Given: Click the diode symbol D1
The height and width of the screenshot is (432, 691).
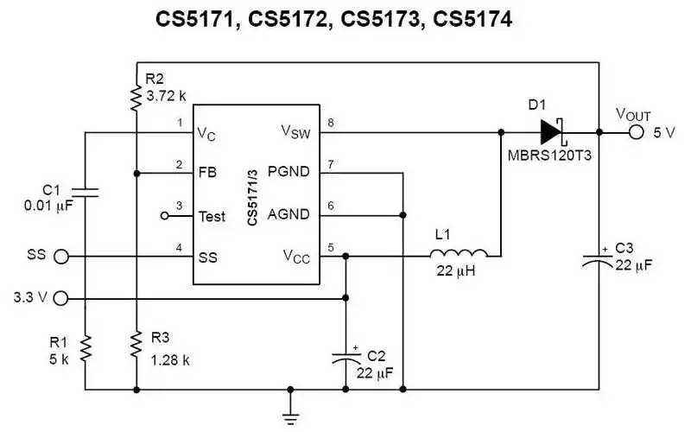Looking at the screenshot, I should tap(551, 132).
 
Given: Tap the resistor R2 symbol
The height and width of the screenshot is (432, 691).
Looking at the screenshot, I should tap(136, 97).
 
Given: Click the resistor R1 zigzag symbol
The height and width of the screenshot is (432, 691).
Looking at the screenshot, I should tap(85, 350).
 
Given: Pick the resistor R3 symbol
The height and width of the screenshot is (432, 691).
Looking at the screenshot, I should tap(136, 346).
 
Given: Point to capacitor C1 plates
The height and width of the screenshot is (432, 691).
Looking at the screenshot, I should tap(85, 192).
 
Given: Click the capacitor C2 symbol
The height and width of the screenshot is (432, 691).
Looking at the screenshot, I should tap(346, 354).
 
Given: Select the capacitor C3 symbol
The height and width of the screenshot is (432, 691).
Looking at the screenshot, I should tap(599, 259).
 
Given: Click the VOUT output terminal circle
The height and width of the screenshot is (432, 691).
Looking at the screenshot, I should tap(636, 132).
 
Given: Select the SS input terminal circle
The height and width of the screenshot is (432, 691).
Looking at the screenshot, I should tap(61, 257).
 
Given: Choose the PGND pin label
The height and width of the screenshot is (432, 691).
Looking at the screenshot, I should tap(288, 171).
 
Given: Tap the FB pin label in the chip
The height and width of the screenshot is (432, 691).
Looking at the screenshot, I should tap(207, 171).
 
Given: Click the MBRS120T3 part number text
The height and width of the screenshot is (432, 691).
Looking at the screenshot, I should tap(554, 158).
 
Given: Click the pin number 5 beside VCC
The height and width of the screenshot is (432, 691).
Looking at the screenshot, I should tap(329, 248).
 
